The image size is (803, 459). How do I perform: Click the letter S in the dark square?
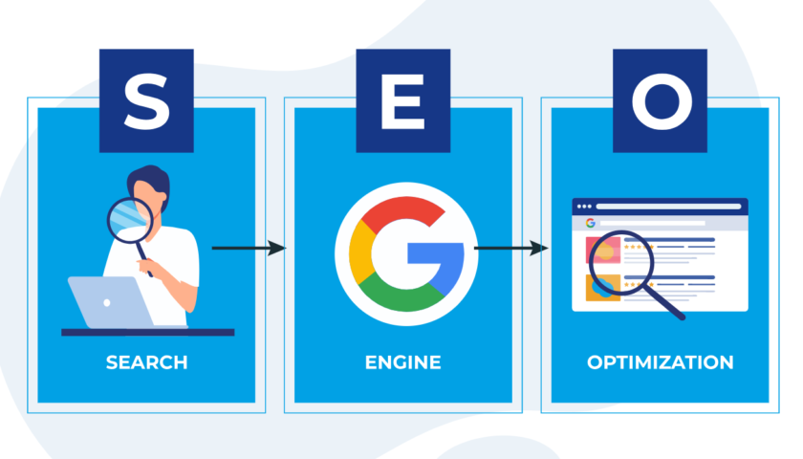[x=145, y=102]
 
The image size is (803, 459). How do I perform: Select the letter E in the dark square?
[x=402, y=102]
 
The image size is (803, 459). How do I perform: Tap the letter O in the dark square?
[x=660, y=102]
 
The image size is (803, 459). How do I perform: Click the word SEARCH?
[x=147, y=363]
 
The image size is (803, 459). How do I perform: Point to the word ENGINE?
[x=402, y=363]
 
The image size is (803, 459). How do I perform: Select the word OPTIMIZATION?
[x=660, y=363]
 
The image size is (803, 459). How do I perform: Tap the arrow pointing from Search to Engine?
[x=249, y=249]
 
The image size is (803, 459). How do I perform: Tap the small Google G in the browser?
[x=591, y=223]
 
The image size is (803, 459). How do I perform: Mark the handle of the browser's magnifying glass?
[x=671, y=304]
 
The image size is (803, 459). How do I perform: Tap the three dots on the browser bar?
[x=583, y=207]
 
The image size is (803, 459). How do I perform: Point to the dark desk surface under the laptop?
[x=147, y=332]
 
